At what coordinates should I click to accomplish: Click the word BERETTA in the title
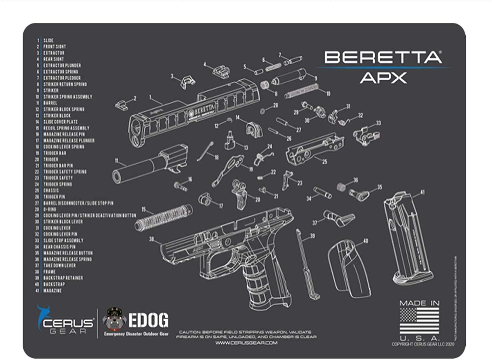click(x=383, y=58)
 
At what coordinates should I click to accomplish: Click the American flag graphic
click(x=420, y=321)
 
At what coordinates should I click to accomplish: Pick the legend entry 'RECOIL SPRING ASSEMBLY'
click(x=66, y=128)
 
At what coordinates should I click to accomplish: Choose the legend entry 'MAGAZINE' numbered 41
click(x=52, y=290)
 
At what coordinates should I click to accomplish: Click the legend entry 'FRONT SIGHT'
click(x=54, y=47)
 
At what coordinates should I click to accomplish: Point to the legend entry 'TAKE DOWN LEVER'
click(x=59, y=265)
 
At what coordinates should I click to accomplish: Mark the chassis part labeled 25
click(x=310, y=149)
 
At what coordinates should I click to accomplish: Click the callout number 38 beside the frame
click(x=152, y=239)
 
